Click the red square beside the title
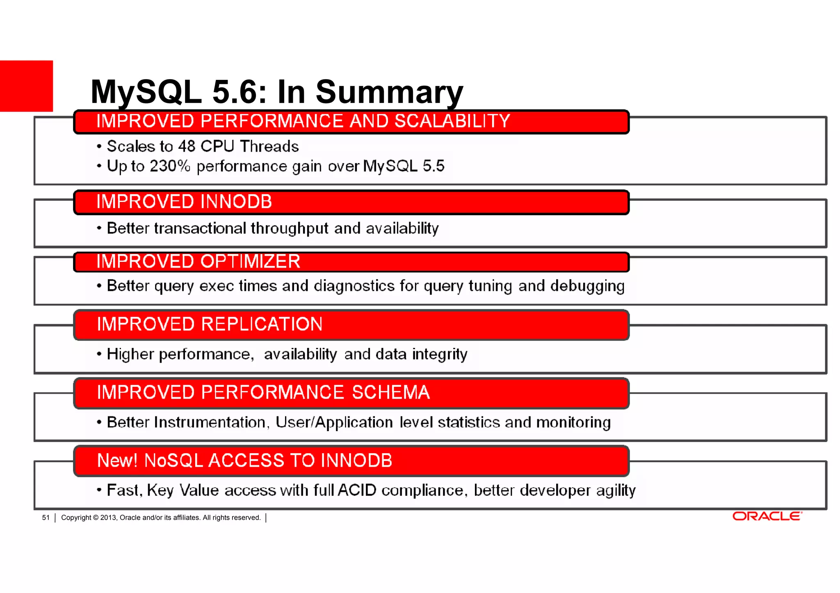(26, 86)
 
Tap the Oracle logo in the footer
(767, 516)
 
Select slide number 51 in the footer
(46, 518)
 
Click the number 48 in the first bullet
(187, 146)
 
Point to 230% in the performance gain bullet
(170, 166)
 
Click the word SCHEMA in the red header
(390, 392)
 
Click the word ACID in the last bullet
(357, 490)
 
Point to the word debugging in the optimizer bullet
(587, 286)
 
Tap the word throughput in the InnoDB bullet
(289, 228)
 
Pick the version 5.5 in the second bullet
(433, 166)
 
